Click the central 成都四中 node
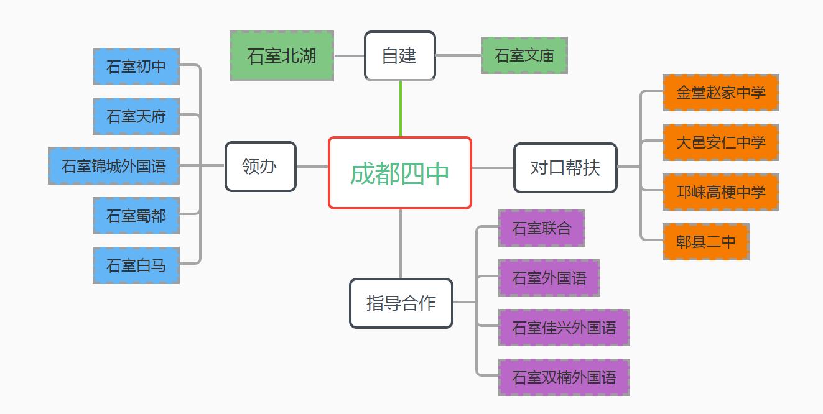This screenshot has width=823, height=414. [x=400, y=173]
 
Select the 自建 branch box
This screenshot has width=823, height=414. [x=400, y=56]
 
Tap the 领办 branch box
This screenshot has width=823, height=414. [x=260, y=167]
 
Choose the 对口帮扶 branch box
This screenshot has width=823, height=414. [x=565, y=168]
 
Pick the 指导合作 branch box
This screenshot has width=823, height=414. [x=401, y=303]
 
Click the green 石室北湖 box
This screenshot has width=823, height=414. [x=282, y=56]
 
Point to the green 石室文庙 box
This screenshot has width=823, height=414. [x=524, y=55]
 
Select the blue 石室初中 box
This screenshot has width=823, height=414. [x=136, y=67]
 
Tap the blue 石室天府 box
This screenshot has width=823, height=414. [x=136, y=116]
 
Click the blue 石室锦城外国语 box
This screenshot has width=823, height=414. [x=114, y=166]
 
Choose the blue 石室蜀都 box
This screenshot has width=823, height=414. [x=136, y=216]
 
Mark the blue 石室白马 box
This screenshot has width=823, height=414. [x=136, y=265]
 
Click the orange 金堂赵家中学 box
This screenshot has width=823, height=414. [x=720, y=93]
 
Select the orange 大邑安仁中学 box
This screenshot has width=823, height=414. [x=720, y=142]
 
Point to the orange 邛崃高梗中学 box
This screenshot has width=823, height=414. [x=720, y=192]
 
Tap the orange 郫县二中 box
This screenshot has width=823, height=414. [x=705, y=242]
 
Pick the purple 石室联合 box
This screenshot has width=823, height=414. [x=541, y=228]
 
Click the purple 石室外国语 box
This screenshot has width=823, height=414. [x=549, y=278]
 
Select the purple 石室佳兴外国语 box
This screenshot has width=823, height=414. [x=564, y=328]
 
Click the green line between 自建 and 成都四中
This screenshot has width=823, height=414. [x=401, y=109]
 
